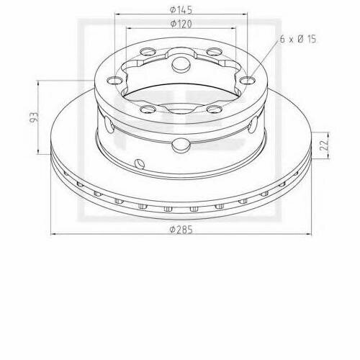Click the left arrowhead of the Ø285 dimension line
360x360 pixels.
[54, 234]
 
